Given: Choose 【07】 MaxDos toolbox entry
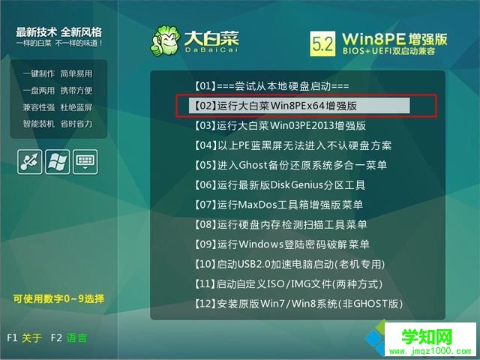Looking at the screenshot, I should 278,205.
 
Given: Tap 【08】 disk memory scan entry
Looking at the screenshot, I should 280,224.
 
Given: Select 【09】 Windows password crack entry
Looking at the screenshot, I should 282,244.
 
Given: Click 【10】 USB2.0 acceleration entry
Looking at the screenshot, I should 289,264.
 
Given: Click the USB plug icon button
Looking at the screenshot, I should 29,161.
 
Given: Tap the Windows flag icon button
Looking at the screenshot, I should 57,161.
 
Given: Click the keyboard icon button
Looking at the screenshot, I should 85,161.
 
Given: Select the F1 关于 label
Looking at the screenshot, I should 24,338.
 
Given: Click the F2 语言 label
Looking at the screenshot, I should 70,338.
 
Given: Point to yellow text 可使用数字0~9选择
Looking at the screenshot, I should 58,298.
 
